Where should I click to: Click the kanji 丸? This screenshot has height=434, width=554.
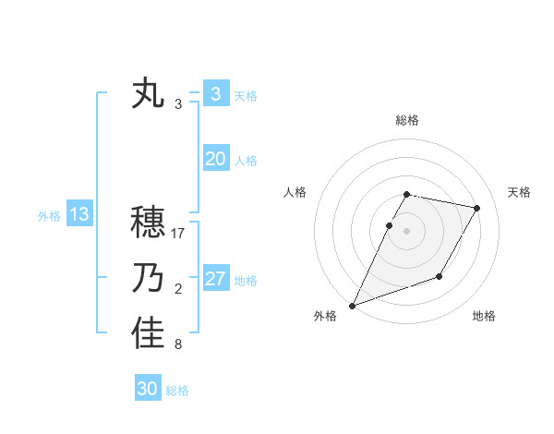(x=148, y=94)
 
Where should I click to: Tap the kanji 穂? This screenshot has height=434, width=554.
(x=148, y=223)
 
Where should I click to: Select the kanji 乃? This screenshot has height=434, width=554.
(x=148, y=279)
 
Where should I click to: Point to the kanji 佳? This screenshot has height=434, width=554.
(x=148, y=334)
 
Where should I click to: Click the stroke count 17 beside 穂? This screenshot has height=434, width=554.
(x=178, y=234)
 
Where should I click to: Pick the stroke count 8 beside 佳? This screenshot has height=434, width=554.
(x=178, y=345)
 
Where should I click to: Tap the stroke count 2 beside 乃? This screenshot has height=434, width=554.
(x=178, y=290)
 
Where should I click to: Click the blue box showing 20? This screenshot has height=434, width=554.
(x=215, y=159)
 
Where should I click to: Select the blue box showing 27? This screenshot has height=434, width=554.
(x=215, y=279)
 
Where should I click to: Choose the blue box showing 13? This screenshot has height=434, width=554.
(x=78, y=215)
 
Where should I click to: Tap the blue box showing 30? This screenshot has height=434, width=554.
(x=148, y=389)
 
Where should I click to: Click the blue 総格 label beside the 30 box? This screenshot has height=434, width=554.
(x=177, y=391)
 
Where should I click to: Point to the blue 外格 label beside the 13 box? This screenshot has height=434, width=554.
(x=49, y=216)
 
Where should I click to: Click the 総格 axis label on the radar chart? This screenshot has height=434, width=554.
(x=406, y=120)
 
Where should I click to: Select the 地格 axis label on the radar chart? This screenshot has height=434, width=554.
(x=484, y=316)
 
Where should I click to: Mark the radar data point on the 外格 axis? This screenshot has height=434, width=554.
(x=352, y=305)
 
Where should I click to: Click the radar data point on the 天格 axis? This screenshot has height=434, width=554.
(x=477, y=208)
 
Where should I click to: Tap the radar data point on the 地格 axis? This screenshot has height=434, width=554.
(x=440, y=276)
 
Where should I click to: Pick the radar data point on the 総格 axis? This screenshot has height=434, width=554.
(x=406, y=195)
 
